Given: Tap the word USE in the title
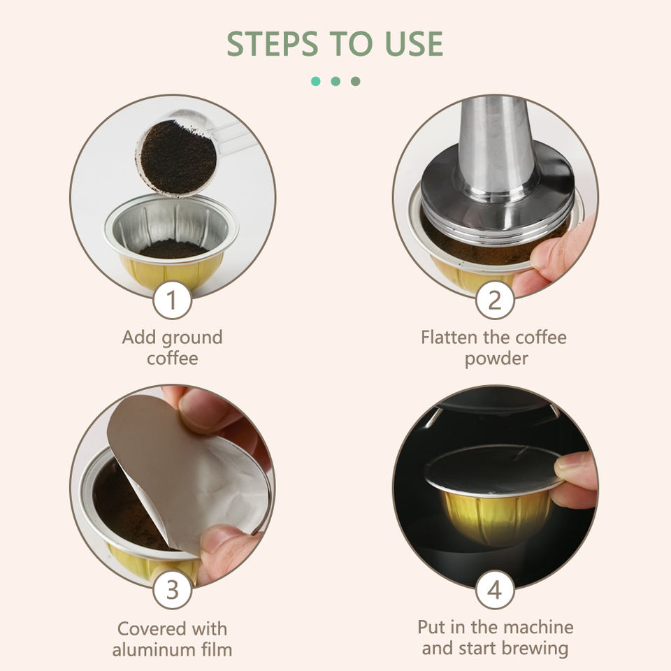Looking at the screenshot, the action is tap(414, 43).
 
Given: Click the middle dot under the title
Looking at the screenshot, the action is tap(335, 81).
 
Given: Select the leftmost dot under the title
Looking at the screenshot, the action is tap(316, 81).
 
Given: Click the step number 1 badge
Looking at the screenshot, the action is tap(172, 300).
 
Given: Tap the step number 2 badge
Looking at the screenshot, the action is tap(495, 300).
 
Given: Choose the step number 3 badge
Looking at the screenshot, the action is tap(172, 590).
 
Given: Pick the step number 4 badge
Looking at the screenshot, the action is tap(495, 590).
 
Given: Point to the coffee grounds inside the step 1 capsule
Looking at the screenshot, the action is tap(173, 249).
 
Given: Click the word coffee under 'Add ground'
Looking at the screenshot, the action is tap(173, 359).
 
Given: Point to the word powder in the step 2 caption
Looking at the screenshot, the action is tap(496, 359).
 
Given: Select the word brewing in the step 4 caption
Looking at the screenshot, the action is tap(535, 649).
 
